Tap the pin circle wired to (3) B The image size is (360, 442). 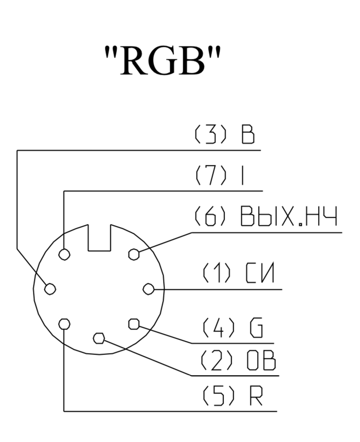pos(50,289)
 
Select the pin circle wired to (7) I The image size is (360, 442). pos(64,254)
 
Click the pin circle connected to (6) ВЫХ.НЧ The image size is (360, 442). pos(134,254)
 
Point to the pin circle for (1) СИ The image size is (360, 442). pos(148,289)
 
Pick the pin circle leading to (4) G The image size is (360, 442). pos(133,323)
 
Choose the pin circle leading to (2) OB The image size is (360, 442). pos(99,338)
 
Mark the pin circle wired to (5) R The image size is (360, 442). pos(64,324)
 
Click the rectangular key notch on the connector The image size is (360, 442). pos(99,238)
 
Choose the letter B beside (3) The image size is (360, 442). pos(248,135)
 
